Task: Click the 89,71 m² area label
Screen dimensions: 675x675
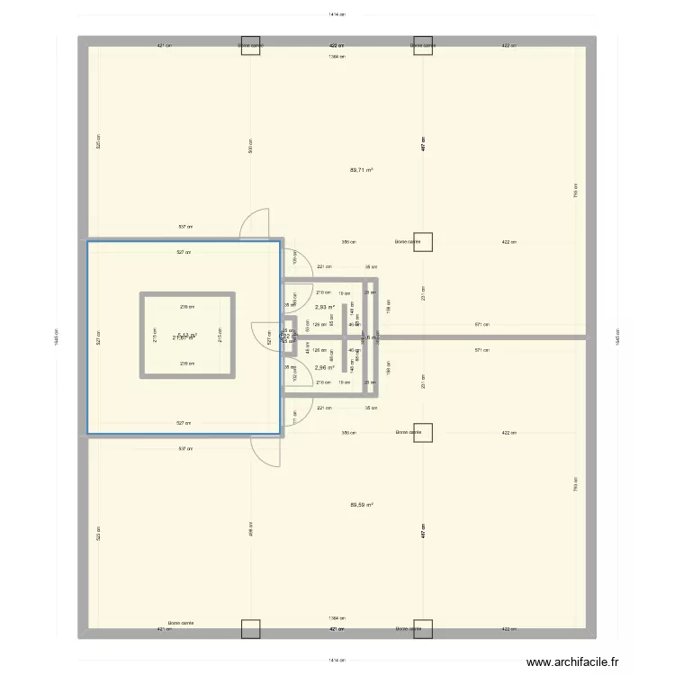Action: point(361,170)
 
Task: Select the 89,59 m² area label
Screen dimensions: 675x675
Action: point(361,505)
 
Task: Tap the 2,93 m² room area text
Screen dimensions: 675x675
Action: point(324,307)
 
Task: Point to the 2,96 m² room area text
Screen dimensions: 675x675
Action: point(324,367)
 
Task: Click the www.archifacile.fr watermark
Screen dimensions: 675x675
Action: point(572,662)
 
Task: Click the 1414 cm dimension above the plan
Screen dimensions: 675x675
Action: point(337,14)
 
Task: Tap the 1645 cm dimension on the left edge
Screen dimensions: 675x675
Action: point(57,337)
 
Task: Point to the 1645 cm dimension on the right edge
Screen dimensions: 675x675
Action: point(617,337)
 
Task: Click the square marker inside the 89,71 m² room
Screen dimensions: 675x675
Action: point(423,241)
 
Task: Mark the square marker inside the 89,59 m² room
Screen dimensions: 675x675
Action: point(423,433)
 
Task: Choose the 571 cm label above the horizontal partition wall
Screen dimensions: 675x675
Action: point(482,325)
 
